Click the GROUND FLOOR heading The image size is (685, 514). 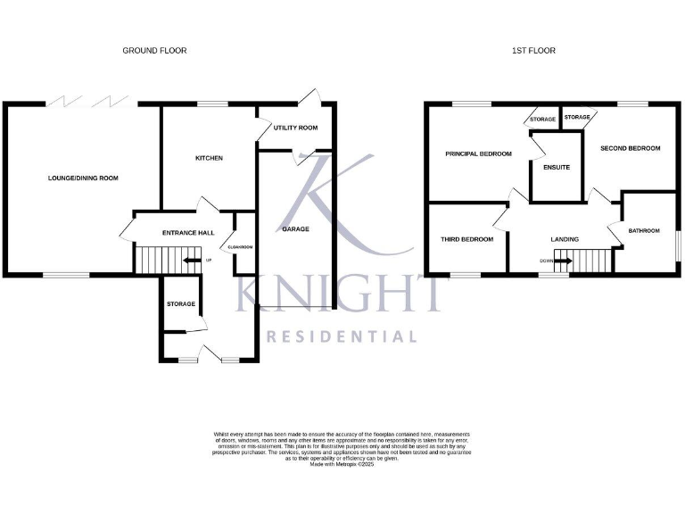(x=154, y=51)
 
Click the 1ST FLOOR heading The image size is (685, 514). (x=533, y=51)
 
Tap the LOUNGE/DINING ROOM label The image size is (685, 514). (x=83, y=178)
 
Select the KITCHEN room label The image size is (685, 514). (x=209, y=159)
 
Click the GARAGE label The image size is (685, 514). (x=295, y=229)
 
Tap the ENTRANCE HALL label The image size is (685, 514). (x=188, y=233)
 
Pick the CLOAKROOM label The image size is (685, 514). (x=242, y=247)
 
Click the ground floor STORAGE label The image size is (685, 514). (x=180, y=305)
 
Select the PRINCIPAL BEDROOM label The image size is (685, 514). (x=478, y=153)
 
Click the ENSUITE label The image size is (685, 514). (x=556, y=167)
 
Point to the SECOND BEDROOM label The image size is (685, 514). (x=630, y=148)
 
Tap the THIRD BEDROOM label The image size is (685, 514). (x=466, y=239)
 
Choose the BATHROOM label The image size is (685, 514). (x=644, y=231)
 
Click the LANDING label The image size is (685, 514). (x=565, y=239)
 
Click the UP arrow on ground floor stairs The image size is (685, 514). (x=191, y=261)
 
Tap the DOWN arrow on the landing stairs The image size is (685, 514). (x=562, y=261)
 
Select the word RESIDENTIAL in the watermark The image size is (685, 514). (x=342, y=337)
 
